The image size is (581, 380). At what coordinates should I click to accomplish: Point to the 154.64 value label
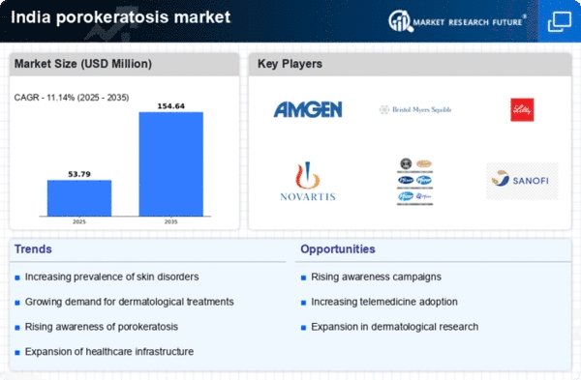(171, 104)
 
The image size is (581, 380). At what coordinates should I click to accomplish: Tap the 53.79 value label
(79, 172)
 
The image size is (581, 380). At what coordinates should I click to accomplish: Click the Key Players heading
(290, 65)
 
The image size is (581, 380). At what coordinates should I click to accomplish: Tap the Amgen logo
(308, 110)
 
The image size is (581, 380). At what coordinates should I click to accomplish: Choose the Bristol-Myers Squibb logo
(414, 110)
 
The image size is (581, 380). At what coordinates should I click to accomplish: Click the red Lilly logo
(521, 110)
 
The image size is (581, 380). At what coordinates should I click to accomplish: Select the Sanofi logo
(521, 180)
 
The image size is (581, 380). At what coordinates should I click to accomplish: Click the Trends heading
(34, 249)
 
